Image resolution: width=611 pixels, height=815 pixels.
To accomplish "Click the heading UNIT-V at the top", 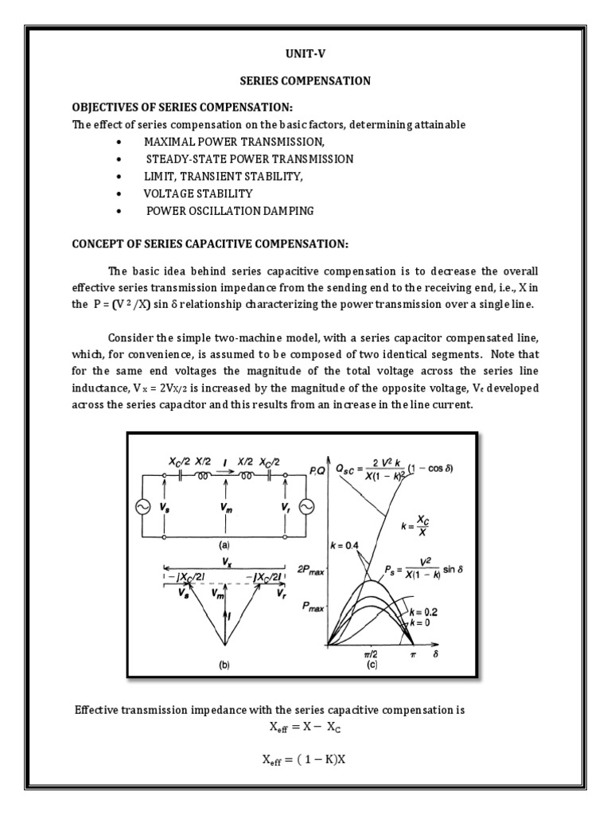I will pos(305,54).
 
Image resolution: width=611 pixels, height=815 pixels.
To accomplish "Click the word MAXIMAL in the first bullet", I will pos(170,142).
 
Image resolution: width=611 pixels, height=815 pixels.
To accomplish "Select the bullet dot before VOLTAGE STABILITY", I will pos(119,193).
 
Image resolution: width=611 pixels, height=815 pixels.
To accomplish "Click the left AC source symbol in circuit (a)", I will pos(142,506).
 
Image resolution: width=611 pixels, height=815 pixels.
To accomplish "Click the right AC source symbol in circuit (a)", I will pos(304,506).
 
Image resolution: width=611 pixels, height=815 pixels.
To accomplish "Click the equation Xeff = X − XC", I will pos(305,727).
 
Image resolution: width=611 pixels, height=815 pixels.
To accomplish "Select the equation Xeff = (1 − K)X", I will pos(305,759).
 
